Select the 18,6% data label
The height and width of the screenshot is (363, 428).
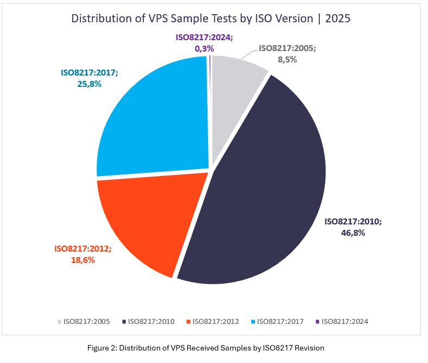[x=83, y=260]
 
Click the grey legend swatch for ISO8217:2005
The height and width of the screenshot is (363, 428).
[x=60, y=322]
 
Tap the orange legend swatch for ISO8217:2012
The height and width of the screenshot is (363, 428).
[x=188, y=322]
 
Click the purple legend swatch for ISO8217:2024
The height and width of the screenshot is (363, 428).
[x=317, y=322]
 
